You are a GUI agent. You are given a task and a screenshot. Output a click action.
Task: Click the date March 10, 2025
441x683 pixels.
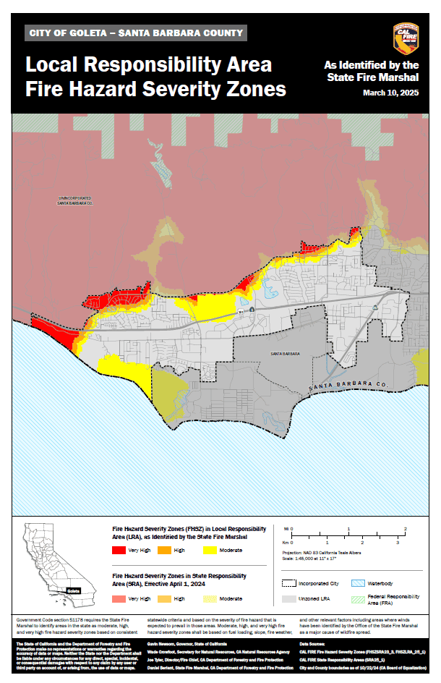click(x=390, y=93)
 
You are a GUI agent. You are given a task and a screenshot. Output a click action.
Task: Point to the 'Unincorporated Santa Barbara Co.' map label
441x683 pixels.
click(x=75, y=200)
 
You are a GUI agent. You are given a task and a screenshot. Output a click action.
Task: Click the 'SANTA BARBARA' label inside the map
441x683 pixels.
click(x=285, y=354)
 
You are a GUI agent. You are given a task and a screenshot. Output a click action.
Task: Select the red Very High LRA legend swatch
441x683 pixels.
click(x=118, y=551)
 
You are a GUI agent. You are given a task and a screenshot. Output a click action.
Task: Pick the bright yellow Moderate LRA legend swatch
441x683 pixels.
click(x=210, y=551)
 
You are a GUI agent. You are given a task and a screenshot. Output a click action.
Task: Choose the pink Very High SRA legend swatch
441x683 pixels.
click(x=118, y=599)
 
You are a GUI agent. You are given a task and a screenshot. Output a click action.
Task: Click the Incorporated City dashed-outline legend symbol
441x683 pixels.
click(x=291, y=582)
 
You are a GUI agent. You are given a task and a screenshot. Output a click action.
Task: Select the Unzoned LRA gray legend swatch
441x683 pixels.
click(x=291, y=599)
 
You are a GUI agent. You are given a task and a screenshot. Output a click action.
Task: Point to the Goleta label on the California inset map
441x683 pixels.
click(x=73, y=591)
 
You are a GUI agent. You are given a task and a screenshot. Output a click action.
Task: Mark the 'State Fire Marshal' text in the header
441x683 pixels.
click(x=372, y=77)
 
